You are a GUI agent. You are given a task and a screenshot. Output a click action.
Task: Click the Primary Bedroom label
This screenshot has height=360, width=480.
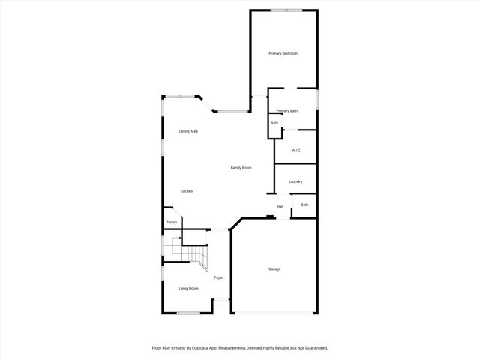283,53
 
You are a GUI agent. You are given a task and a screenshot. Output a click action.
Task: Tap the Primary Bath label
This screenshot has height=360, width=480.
286,111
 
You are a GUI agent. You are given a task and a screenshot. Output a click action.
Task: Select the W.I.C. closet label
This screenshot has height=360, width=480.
296,150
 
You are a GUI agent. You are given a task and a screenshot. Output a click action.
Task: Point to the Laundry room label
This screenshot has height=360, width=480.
295,181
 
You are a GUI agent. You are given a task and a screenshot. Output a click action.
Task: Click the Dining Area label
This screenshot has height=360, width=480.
188,131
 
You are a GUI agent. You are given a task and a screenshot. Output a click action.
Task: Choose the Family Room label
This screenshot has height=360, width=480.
241,167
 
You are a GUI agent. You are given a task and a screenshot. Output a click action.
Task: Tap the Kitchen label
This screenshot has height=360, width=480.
187,191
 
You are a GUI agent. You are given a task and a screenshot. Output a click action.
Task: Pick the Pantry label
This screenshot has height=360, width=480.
172,222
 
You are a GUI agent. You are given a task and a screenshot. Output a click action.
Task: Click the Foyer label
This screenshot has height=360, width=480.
218,277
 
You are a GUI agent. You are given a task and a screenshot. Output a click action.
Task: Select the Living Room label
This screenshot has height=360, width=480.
188,288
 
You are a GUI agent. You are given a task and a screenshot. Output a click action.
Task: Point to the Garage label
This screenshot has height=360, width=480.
274,268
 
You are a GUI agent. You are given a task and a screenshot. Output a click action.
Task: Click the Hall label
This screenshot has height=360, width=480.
280,206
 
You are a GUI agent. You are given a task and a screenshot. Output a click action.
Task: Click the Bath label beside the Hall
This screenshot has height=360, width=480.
304,205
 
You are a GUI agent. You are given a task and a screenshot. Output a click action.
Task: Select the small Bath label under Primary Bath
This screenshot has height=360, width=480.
274,123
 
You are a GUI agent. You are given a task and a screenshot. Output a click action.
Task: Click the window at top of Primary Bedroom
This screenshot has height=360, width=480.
287,10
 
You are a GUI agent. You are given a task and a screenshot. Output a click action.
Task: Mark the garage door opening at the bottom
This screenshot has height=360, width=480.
273,313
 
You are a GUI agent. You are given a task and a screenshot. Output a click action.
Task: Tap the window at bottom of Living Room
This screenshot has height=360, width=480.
188,313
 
